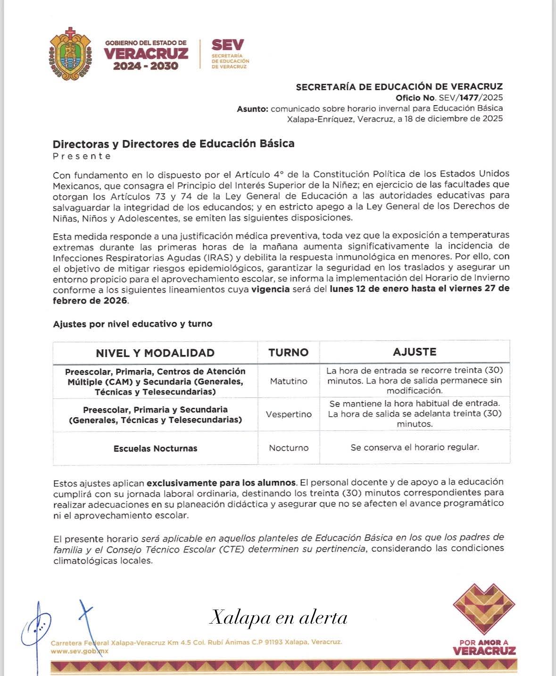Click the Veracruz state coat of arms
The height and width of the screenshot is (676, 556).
tap(70, 53)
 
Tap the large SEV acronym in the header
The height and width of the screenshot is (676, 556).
tap(228, 45)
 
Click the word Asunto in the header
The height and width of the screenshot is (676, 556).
tap(252, 108)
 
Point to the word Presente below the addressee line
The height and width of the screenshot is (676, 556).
tap(82, 156)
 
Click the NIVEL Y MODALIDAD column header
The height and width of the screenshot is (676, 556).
tap(155, 353)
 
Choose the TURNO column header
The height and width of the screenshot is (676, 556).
tap(288, 353)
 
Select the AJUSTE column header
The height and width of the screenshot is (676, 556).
tap(415, 352)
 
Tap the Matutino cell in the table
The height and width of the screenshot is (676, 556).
tap(289, 381)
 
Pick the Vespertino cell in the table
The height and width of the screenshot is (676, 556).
tap(289, 414)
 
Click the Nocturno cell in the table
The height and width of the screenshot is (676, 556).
tap(289, 448)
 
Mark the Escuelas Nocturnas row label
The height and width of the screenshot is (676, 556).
tap(155, 448)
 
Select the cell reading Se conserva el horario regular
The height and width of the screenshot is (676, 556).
tap(415, 447)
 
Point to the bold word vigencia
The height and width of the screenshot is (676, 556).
tap(270, 289)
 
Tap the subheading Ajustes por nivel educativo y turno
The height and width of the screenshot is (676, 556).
tap(133, 324)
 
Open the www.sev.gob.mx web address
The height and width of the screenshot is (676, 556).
tap(80, 651)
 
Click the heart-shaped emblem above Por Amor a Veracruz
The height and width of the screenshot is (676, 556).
tap(484, 609)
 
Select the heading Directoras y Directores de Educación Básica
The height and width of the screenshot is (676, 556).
tap(174, 143)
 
